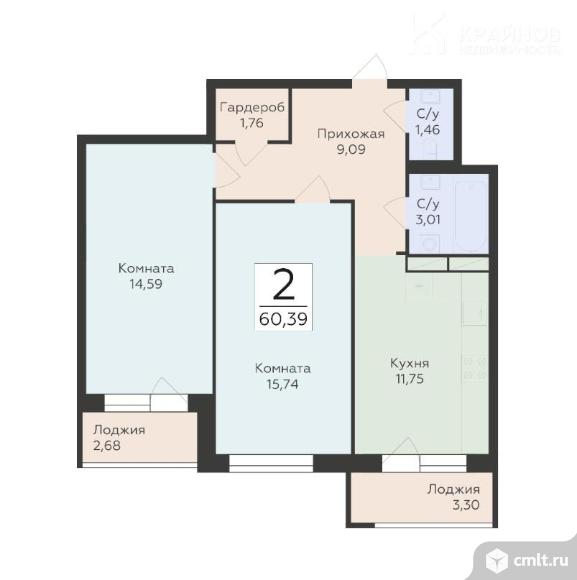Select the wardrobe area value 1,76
(250, 124)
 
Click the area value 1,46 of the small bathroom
(427, 129)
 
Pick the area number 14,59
(146, 283)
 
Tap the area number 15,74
(282, 383)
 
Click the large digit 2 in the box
(283, 286)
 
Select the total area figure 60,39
(283, 320)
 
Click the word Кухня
(410, 363)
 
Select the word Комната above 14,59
(146, 268)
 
